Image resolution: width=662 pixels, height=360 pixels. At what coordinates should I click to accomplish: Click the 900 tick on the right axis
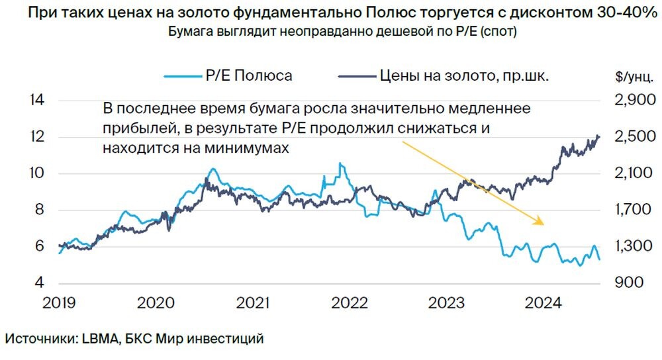626,283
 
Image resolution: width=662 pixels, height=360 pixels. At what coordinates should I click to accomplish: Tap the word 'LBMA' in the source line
99,338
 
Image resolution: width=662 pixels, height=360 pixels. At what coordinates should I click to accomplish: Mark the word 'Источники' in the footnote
41,338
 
